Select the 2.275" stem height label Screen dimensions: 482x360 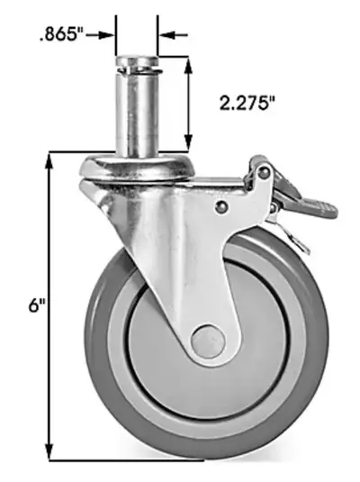247,104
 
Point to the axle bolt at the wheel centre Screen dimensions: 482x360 206,341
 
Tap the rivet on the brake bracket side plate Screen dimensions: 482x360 220,206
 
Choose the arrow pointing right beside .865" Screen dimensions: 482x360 109,35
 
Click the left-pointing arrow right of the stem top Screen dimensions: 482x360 167,35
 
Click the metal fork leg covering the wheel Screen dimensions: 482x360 180,261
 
